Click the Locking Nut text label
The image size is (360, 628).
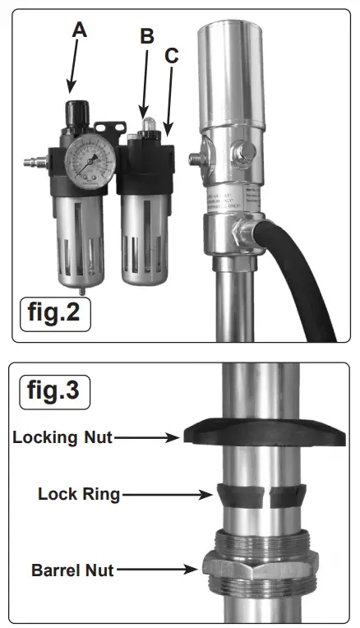pyautogui.click(x=62, y=437)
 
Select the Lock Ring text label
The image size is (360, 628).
pyautogui.click(x=79, y=494)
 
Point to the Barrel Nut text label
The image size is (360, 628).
pyautogui.click(x=72, y=568)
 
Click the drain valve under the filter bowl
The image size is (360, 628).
pyautogui.click(x=82, y=289)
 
